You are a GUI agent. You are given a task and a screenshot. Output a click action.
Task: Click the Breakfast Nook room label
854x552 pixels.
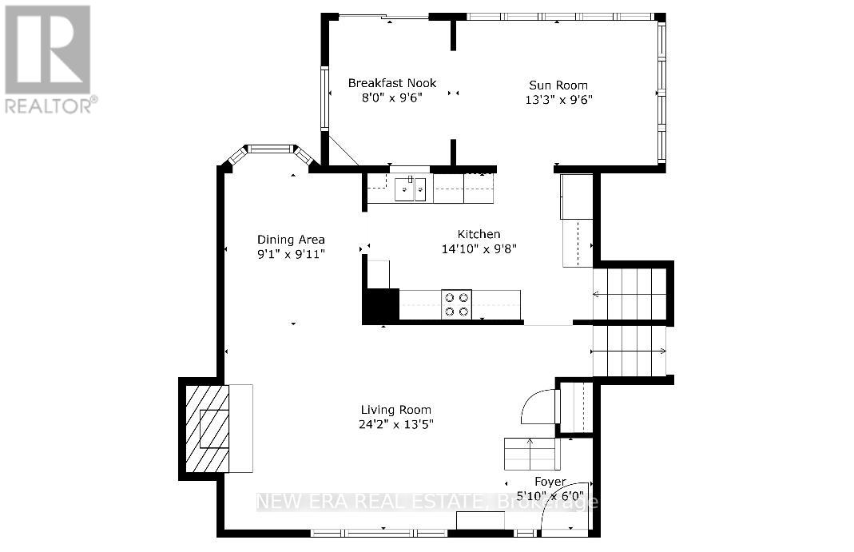pos(392,83)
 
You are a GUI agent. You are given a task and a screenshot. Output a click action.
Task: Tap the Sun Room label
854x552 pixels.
pos(558,85)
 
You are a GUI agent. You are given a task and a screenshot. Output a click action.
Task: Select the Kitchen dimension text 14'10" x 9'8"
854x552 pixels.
pos(479,248)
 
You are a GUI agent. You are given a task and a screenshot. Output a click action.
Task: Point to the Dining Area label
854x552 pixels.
pos(291,240)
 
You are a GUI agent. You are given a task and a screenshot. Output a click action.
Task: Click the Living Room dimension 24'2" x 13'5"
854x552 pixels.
pos(396,424)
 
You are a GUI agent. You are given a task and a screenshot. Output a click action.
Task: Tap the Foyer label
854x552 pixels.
pos(550,482)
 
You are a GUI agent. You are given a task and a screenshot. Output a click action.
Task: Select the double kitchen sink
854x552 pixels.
pos(410,189)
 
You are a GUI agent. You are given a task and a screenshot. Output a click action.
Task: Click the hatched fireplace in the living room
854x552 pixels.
pos(207,429)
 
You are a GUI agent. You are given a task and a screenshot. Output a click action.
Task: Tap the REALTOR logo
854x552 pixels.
pos(50,59)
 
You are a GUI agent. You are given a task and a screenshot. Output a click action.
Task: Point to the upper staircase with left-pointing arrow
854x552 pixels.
pos(630,294)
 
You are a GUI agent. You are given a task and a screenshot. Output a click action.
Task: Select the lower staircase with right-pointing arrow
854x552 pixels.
pos(630,351)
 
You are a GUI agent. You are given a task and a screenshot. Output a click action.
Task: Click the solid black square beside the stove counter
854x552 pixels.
pos(381,304)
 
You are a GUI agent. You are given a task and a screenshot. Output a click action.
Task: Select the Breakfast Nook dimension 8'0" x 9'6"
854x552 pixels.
pos(392,98)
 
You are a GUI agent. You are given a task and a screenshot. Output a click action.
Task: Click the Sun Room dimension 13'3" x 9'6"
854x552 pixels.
pos(558,100)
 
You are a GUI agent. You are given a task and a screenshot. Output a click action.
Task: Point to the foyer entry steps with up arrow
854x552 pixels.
pos(532,454)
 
